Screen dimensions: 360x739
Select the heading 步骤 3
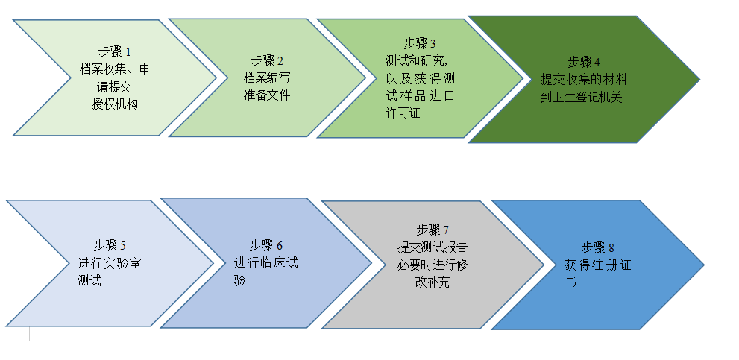(420, 44)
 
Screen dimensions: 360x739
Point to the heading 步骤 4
(584, 62)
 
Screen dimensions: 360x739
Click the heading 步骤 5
(110, 245)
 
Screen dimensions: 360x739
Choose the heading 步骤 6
(266, 245)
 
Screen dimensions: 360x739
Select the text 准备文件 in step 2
(266, 95)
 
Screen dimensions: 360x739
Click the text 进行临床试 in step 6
(266, 263)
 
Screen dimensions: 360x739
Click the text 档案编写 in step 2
(266, 78)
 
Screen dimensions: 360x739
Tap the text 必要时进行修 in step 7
(433, 265)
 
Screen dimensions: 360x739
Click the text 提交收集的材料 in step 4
(584, 79)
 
